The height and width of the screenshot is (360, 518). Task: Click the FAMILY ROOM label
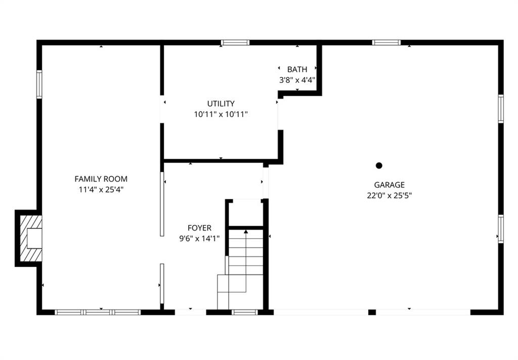101,179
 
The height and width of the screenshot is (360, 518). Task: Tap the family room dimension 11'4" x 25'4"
101,190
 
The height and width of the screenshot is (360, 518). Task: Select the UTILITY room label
221,104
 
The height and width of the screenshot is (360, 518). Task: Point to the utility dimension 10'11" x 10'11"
221,115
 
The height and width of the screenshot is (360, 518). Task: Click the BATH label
297,69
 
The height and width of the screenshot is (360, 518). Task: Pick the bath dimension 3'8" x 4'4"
297,80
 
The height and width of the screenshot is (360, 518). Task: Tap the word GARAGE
389,185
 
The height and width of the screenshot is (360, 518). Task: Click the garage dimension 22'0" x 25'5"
389,196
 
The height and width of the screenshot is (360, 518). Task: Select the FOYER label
199,228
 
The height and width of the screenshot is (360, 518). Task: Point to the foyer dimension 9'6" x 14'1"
199,239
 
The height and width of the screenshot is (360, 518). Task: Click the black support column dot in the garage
379,165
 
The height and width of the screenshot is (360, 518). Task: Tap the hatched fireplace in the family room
31,238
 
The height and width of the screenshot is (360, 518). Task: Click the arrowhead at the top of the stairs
246,232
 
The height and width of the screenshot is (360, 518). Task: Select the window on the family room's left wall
39,84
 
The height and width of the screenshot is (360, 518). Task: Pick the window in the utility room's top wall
235,42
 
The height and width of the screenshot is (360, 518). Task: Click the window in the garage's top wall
386,42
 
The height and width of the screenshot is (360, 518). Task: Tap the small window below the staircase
244,312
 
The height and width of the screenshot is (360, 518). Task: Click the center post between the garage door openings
372,312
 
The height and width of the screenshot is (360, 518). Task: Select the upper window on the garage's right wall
501,109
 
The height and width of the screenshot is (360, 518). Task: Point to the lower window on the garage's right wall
501,229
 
